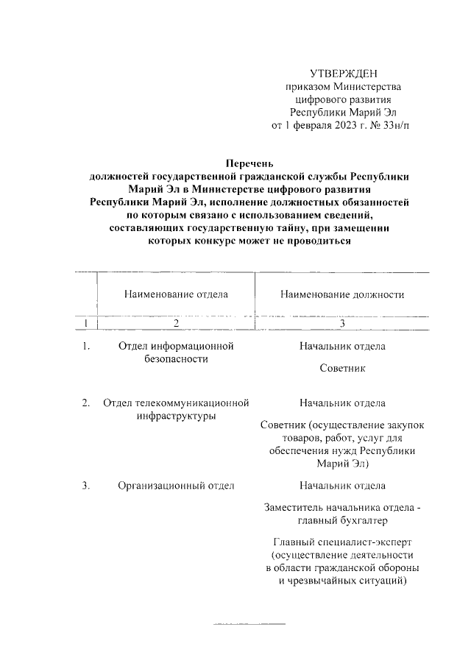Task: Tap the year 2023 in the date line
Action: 341,126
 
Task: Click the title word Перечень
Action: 249,163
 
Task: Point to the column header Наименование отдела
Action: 176,294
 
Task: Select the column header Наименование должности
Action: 342,294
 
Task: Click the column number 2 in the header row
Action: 176,323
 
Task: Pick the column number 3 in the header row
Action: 342,323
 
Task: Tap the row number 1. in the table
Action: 86,346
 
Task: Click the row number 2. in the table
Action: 86,403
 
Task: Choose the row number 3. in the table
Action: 86,486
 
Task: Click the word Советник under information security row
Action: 342,367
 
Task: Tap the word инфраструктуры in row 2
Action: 176,417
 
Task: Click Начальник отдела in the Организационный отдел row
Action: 342,486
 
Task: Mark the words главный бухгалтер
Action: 342,520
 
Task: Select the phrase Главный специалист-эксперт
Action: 342,542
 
